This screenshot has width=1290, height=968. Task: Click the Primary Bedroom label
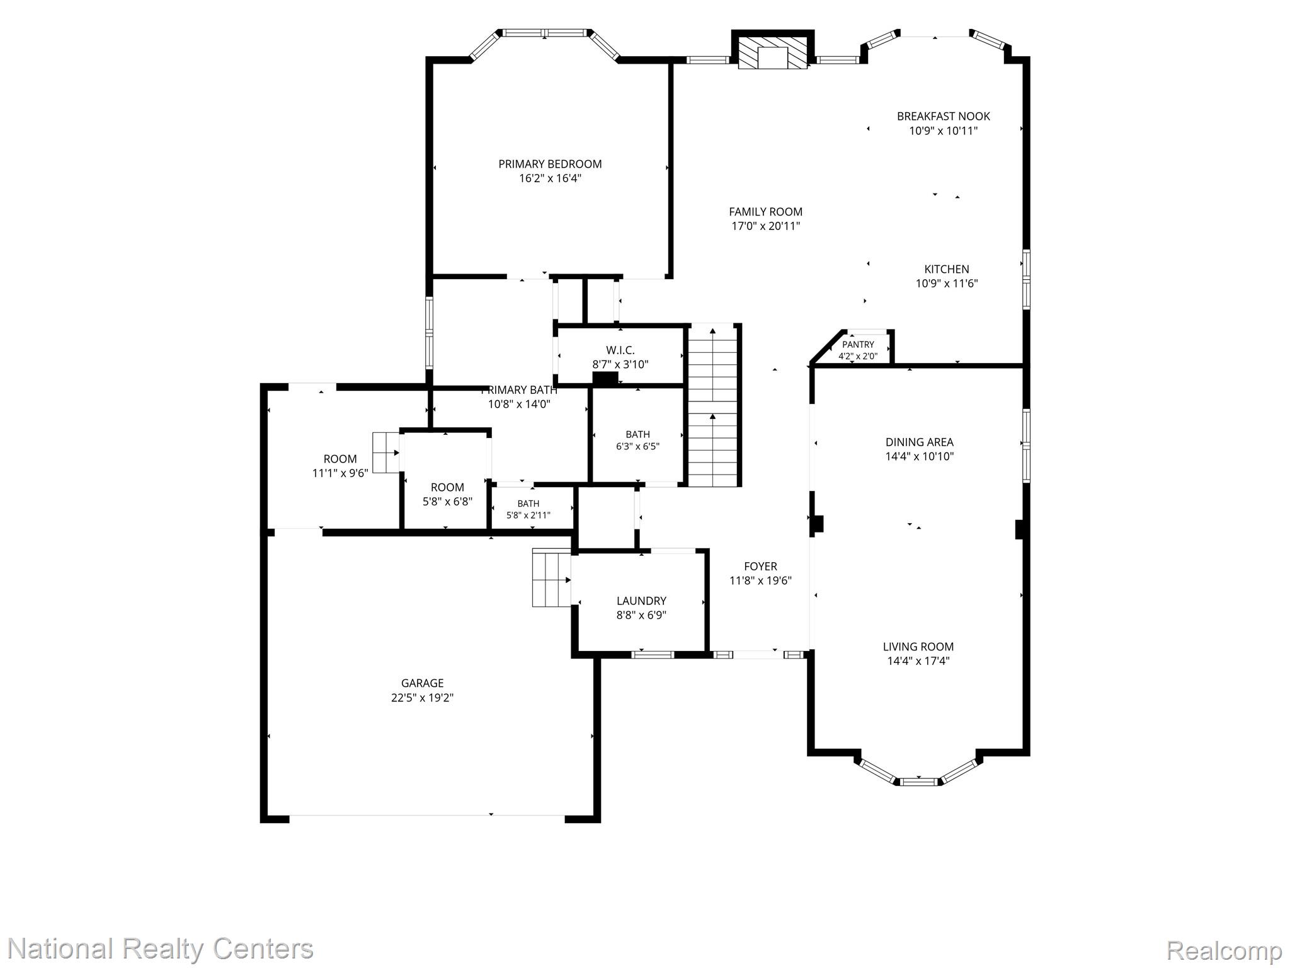(550, 164)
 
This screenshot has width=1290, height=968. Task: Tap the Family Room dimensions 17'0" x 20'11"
(765, 226)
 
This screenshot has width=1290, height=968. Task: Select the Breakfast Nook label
(943, 116)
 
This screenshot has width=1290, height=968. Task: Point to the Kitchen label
(946, 269)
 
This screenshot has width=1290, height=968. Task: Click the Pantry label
(858, 345)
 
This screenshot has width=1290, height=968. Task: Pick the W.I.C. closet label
(620, 350)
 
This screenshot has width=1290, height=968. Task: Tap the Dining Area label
(919, 442)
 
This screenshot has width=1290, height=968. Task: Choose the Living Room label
(918, 646)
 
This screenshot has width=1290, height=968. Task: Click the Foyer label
(760, 566)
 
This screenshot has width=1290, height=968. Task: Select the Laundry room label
(641, 601)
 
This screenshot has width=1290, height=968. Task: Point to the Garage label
(422, 683)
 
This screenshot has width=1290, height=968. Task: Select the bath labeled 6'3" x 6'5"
(637, 440)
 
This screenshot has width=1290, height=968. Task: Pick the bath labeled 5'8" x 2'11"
(528, 509)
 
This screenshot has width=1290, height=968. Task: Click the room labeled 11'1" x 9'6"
(340, 466)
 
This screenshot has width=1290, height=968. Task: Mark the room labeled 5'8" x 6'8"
(447, 494)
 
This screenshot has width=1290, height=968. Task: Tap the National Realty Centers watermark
(160, 948)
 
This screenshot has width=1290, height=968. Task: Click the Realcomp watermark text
(1224, 950)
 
